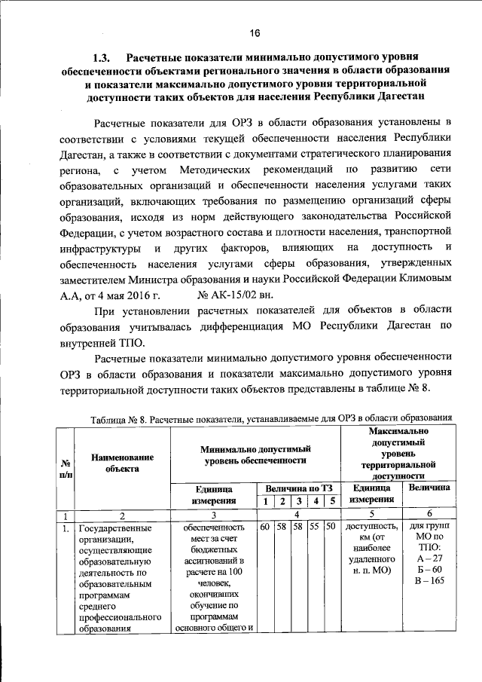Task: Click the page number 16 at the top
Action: [x=255, y=32]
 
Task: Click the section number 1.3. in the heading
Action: [x=104, y=57]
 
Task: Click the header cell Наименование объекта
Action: [x=122, y=462]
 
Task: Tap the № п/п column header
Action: [x=66, y=466]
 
